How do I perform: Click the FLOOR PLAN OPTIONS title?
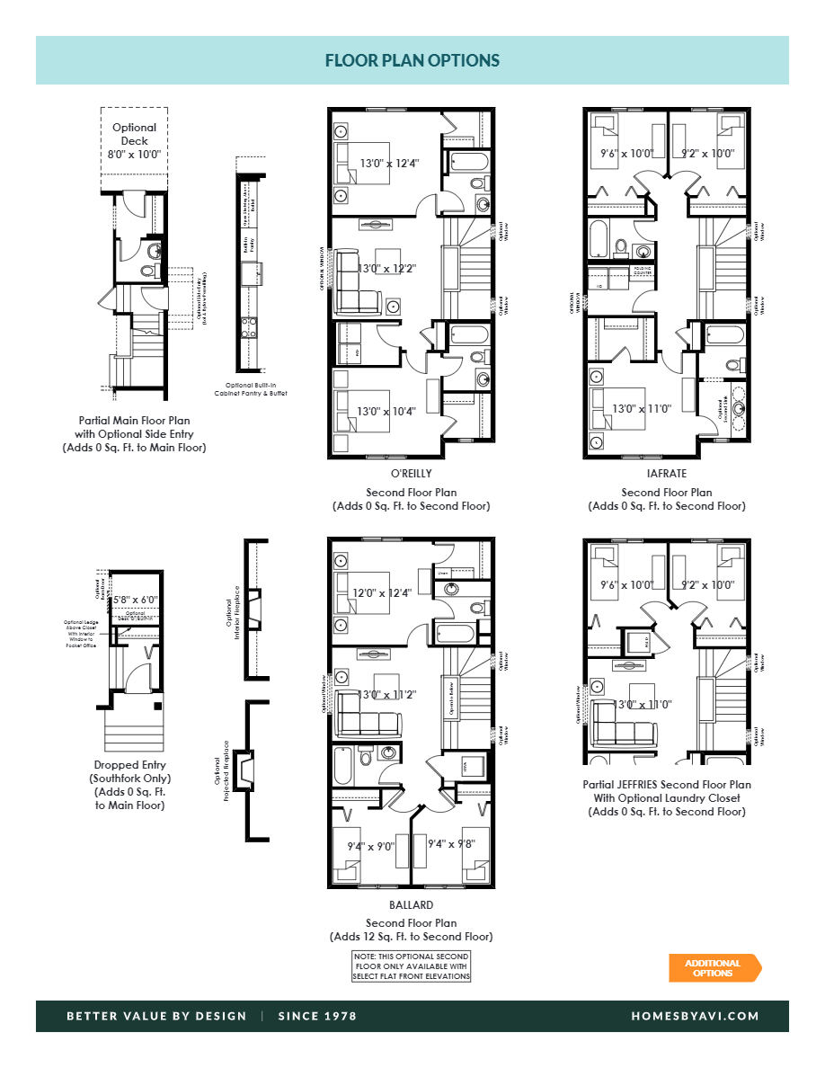click(x=412, y=61)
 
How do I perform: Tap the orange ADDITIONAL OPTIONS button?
click(x=714, y=968)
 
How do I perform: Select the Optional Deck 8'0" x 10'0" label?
click(x=134, y=141)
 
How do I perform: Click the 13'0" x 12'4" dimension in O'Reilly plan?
click(x=389, y=163)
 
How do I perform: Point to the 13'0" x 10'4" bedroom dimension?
click(x=387, y=412)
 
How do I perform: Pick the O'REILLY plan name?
click(x=412, y=474)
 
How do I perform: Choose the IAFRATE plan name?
click(x=667, y=474)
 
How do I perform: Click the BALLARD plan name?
click(x=412, y=905)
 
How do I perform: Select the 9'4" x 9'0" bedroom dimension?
click(x=371, y=845)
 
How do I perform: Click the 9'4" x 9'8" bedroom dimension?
click(x=450, y=844)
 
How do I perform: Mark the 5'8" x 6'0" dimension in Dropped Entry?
click(x=134, y=599)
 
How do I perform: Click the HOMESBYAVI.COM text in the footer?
click(x=696, y=1016)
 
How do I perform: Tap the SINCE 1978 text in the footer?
click(x=317, y=1016)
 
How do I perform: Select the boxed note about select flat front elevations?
click(x=411, y=966)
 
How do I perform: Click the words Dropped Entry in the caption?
click(x=130, y=765)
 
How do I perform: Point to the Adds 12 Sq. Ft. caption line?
click(x=411, y=937)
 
